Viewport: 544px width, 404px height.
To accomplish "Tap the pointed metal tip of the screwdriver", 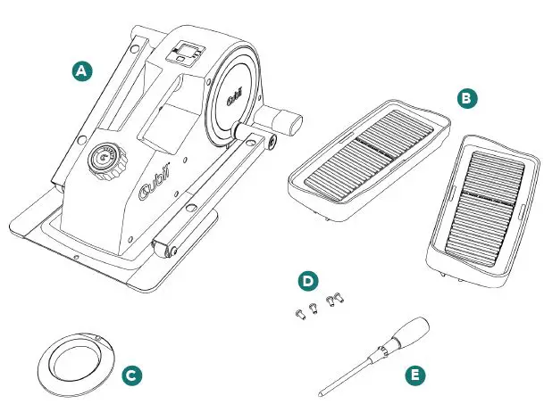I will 322,391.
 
